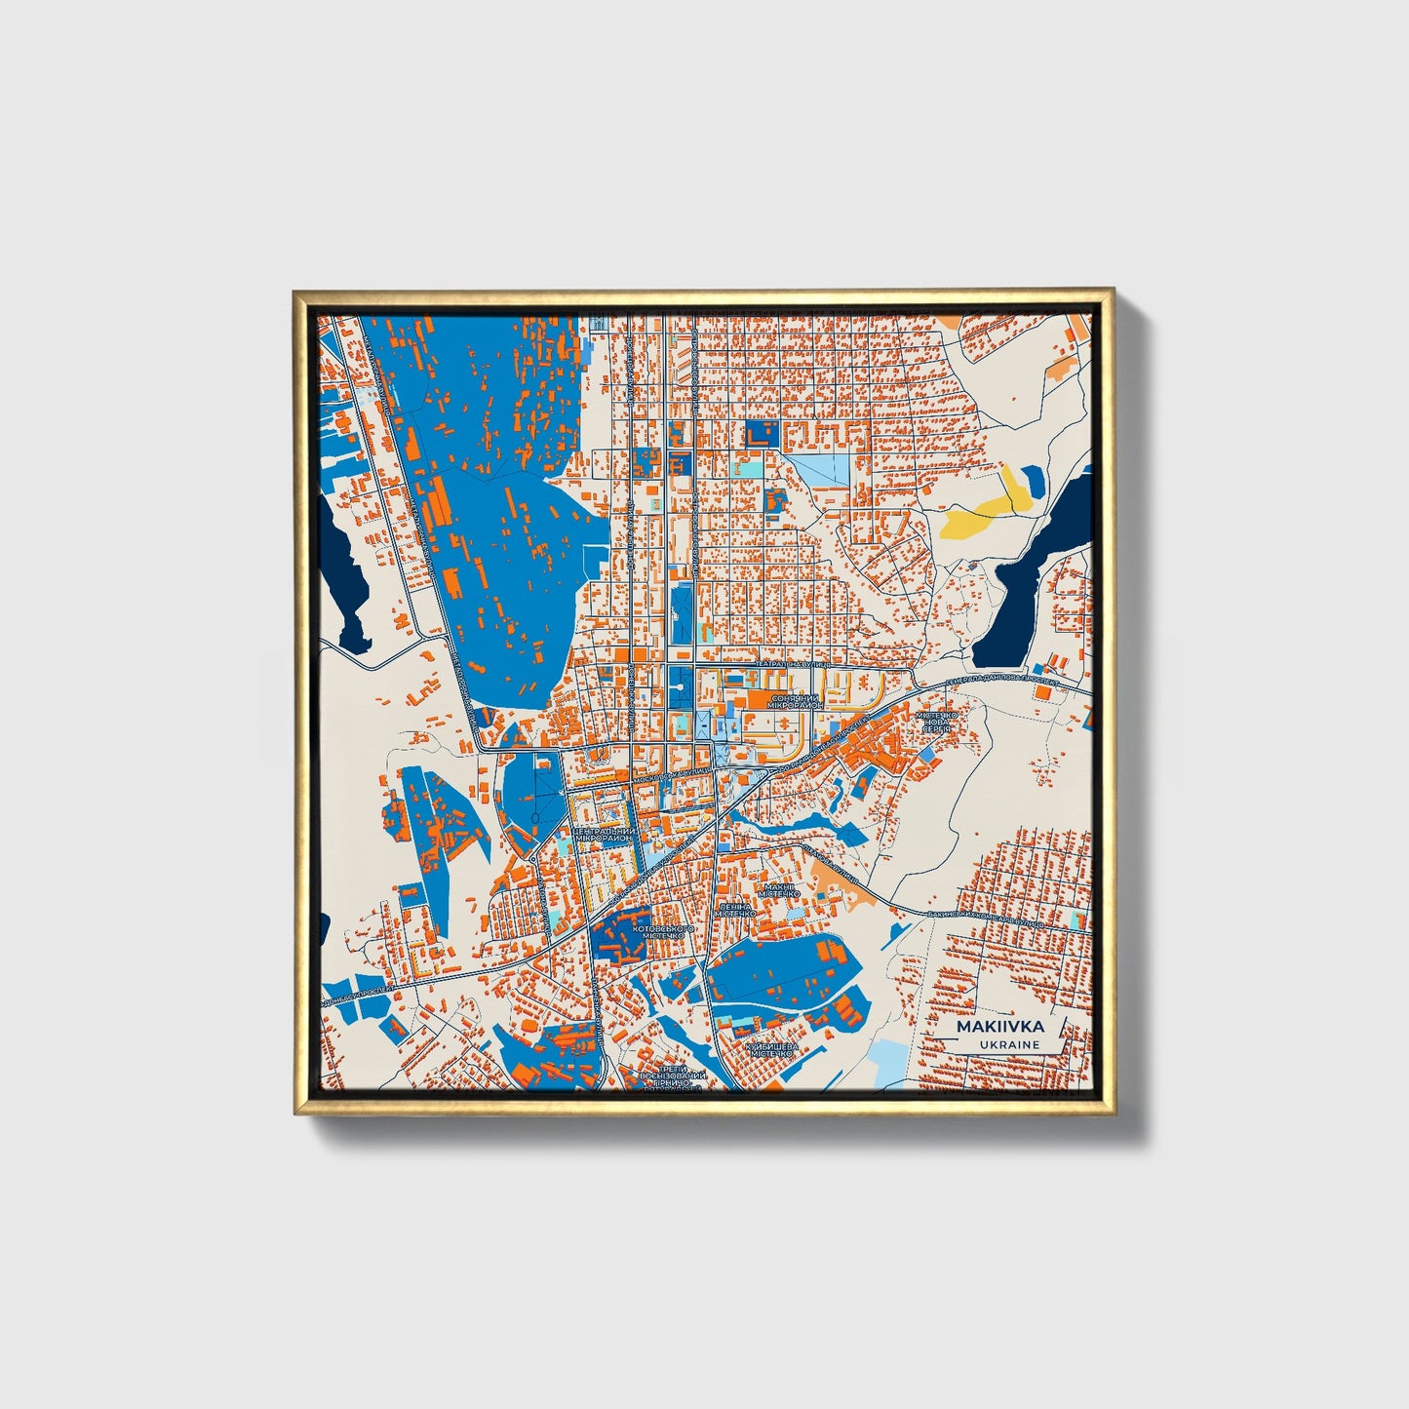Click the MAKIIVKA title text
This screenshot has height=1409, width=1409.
(x=999, y=1027)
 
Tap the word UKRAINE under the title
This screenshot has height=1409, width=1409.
(x=1011, y=1044)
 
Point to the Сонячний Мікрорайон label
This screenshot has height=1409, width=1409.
(x=797, y=701)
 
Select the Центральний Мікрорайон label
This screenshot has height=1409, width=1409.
(x=604, y=834)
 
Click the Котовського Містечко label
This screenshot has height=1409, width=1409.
(x=663, y=933)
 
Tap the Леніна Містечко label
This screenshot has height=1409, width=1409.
(x=736, y=910)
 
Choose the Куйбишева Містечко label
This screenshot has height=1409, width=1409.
(x=771, y=1050)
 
